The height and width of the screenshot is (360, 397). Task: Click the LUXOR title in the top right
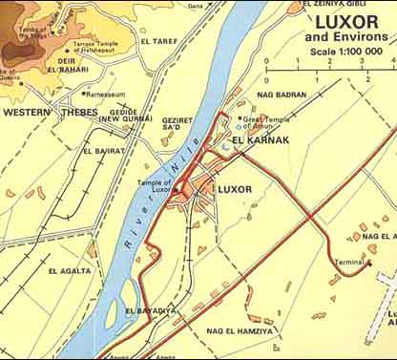coord(346,21)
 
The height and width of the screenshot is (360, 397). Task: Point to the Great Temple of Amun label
coord(266,123)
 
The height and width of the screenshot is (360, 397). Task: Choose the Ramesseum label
coord(105,95)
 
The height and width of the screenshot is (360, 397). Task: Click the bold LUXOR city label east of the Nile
coord(235,190)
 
